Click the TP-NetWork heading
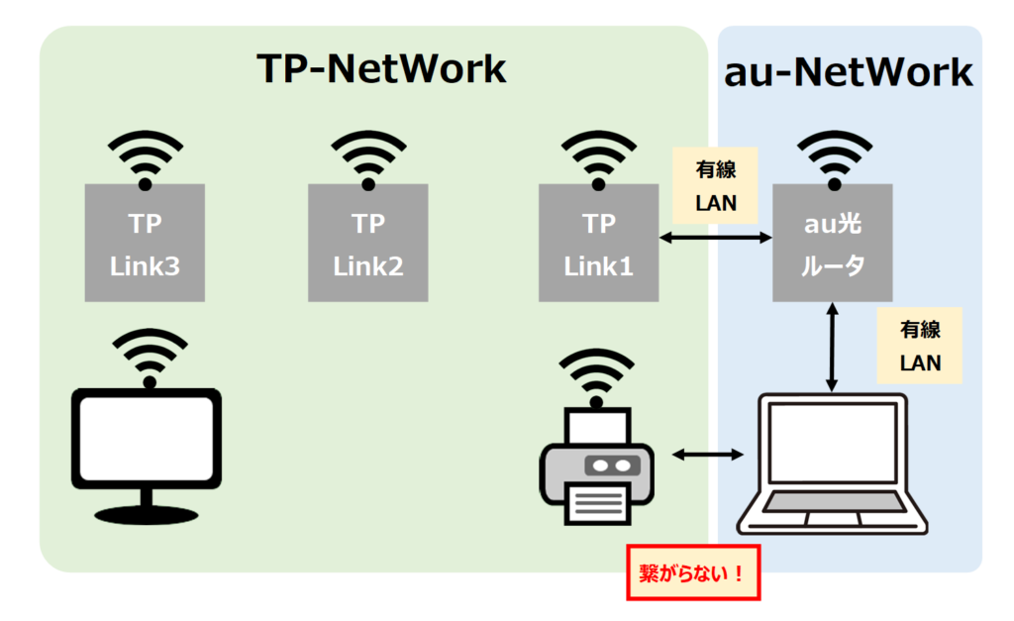pyautogui.click(x=381, y=70)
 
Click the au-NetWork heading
pyautogui.click(x=850, y=73)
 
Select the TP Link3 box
pyautogui.click(x=145, y=244)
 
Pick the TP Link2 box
pyautogui.click(x=368, y=244)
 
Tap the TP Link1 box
pyautogui.click(x=598, y=244)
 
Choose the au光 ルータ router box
pyautogui.click(x=832, y=244)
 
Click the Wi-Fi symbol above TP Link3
pyautogui.click(x=145, y=158)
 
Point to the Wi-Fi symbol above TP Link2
pyautogui.click(x=368, y=158)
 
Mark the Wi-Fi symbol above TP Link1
pyautogui.click(x=598, y=158)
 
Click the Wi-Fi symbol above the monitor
pyautogui.click(x=150, y=357)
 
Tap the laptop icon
pyautogui.click(x=832, y=466)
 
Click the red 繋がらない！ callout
pyautogui.click(x=693, y=572)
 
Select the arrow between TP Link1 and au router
pyautogui.click(x=716, y=238)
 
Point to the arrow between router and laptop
pyautogui.click(x=832, y=347)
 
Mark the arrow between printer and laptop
pyautogui.click(x=708, y=455)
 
